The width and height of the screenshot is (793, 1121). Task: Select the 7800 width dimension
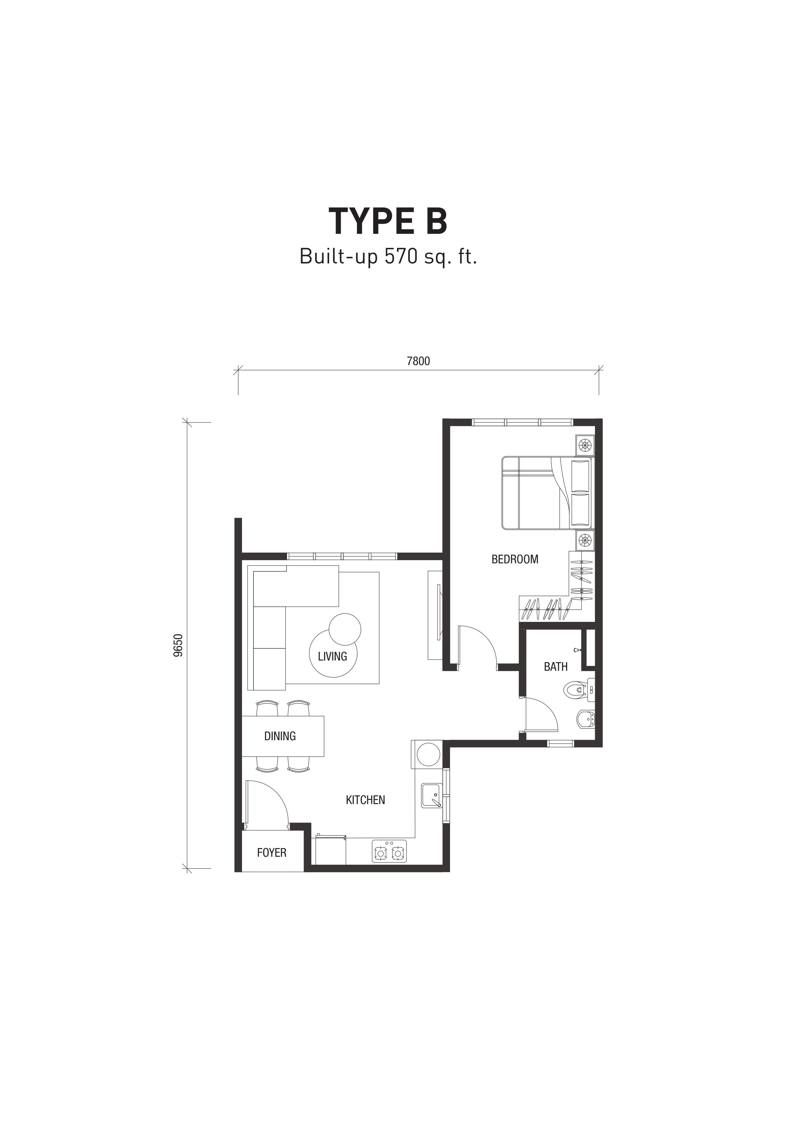click(418, 361)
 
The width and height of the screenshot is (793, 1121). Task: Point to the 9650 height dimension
click(178, 645)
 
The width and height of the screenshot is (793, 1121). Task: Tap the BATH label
click(556, 667)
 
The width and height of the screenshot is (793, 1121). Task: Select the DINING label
click(280, 736)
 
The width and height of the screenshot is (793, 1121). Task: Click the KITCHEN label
click(365, 800)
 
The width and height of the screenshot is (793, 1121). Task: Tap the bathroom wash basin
click(586, 719)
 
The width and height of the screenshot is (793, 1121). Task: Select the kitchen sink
click(431, 796)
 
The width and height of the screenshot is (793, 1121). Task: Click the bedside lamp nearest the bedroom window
click(585, 445)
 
